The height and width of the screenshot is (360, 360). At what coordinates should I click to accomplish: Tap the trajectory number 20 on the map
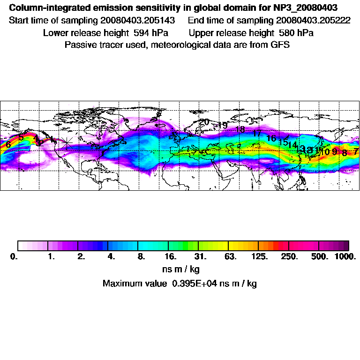[204, 122]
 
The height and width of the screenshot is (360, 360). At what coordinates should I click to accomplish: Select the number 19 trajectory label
[223, 125]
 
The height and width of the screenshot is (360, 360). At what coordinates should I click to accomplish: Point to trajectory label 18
[240, 130]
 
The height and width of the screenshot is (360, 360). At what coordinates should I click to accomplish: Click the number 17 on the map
[257, 134]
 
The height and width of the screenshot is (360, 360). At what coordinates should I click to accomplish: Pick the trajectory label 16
[271, 138]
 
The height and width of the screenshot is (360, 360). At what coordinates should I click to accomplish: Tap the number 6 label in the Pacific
[8, 145]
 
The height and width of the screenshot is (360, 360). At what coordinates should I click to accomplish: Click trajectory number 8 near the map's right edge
[345, 153]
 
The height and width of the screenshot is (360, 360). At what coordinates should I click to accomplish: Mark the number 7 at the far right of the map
[356, 151]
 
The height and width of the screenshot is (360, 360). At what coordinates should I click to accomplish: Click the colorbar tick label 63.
[230, 257]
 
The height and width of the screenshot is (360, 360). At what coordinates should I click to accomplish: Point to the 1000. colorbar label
[345, 257]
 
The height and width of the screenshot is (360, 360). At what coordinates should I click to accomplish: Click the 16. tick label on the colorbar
[171, 257]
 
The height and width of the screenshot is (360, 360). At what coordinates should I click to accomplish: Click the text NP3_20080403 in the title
[307, 8]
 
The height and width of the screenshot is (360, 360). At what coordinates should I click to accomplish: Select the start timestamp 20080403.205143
[137, 21]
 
